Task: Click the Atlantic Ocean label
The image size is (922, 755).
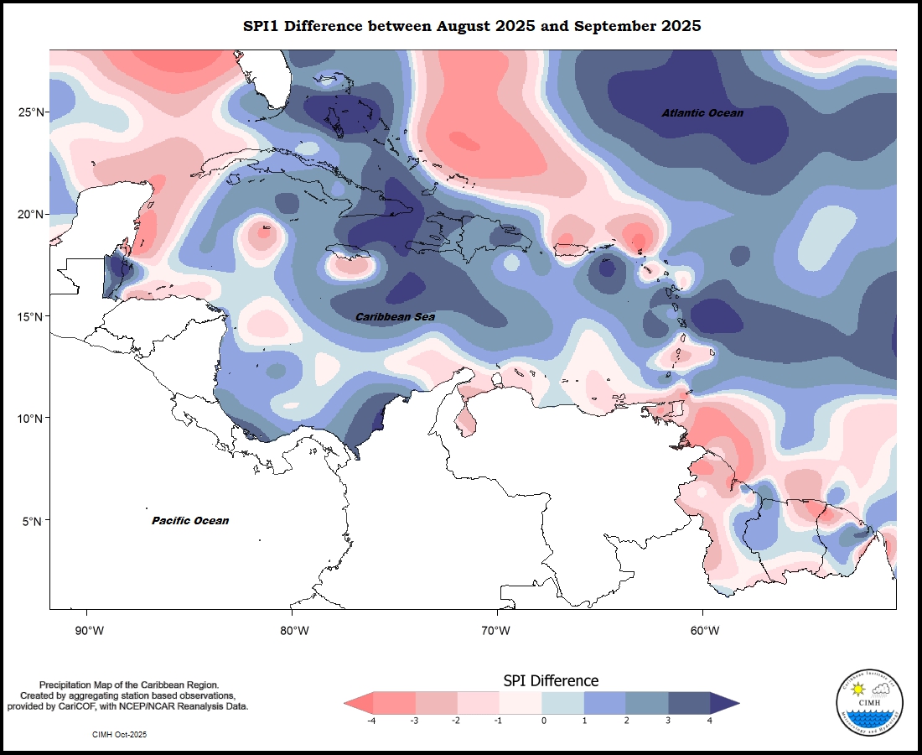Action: [x=702, y=113]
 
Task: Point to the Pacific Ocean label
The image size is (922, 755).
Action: [x=190, y=521]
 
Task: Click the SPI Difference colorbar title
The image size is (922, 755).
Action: [x=551, y=680]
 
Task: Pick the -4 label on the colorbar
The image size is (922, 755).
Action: [x=370, y=721]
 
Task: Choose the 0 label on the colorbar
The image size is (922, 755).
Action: [x=543, y=721]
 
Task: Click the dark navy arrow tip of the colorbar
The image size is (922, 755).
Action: [x=726, y=703]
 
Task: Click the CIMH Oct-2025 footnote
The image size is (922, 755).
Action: [x=120, y=734]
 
